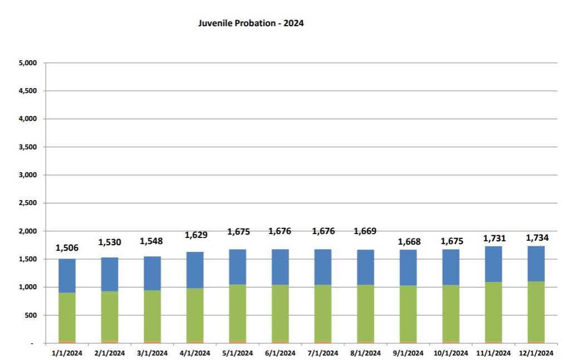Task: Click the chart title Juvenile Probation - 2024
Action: click(251, 23)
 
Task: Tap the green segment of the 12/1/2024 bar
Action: click(536, 311)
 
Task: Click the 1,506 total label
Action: click(67, 249)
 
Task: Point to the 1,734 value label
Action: click(538, 238)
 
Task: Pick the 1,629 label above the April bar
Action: click(195, 235)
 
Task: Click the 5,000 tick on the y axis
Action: click(27, 63)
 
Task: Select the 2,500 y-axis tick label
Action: click(27, 203)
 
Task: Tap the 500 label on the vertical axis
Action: click(30, 315)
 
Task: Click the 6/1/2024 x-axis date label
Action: click(280, 353)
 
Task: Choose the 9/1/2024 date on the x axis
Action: click(408, 353)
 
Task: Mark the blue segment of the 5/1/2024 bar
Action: click(237, 267)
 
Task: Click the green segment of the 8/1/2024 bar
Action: click(365, 313)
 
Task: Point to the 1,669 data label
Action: click(365, 231)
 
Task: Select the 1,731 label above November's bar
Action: click(494, 239)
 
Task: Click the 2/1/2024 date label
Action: click(110, 353)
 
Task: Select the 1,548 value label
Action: click(152, 241)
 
